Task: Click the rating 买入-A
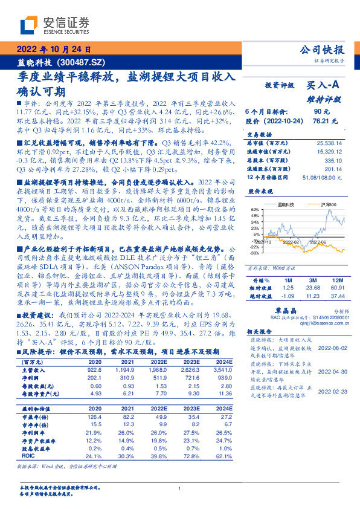(x=325, y=86)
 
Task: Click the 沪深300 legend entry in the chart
(x=318, y=204)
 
